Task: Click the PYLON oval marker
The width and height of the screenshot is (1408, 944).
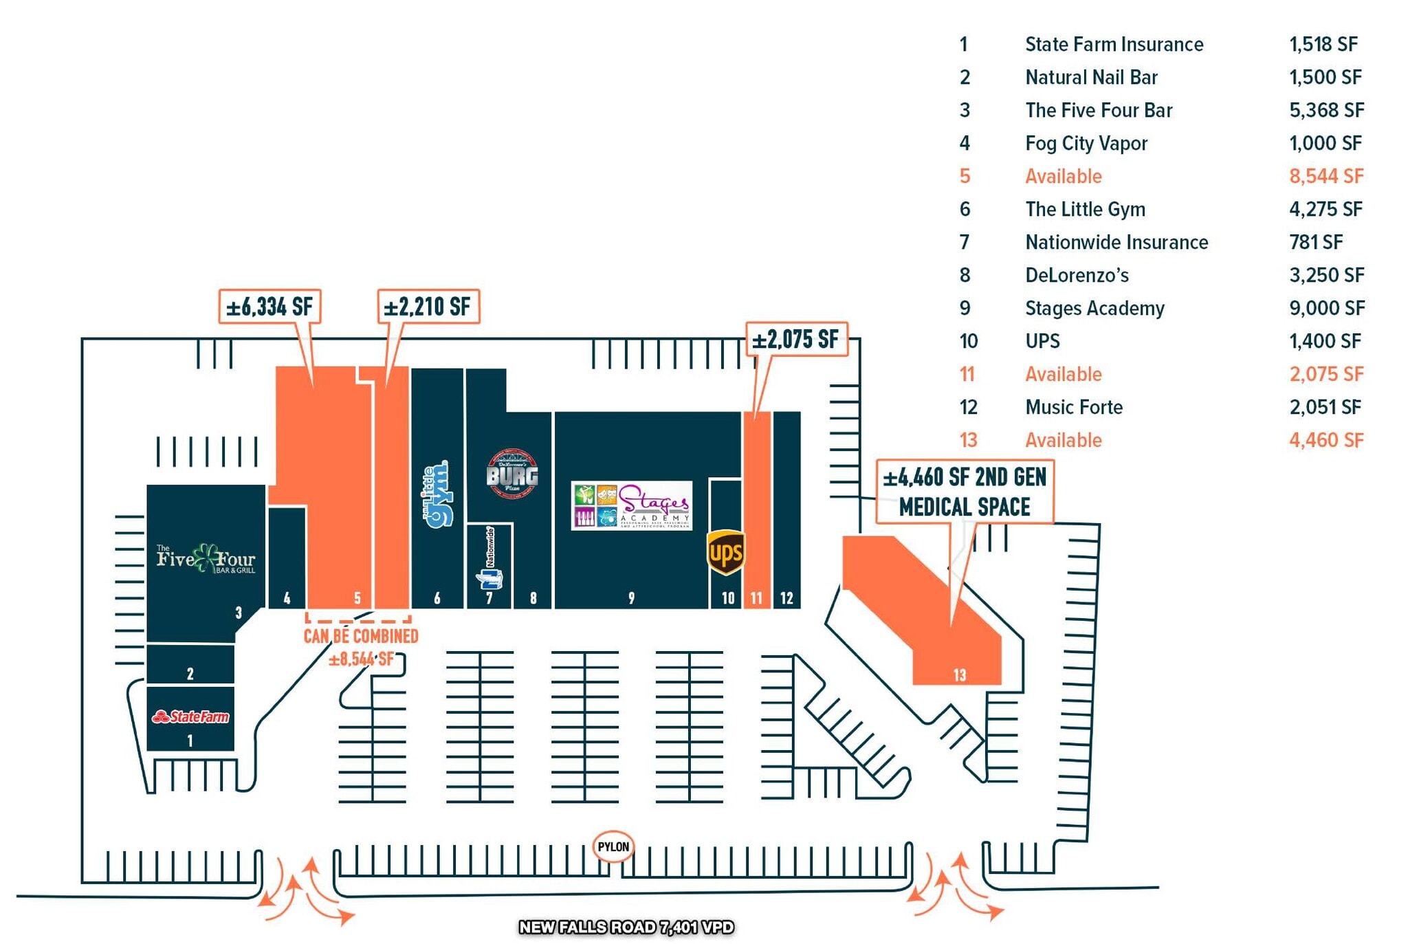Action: [x=613, y=846]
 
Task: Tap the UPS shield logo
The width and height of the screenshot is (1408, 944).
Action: [x=725, y=551]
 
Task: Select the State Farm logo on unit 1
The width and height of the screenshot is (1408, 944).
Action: [x=190, y=717]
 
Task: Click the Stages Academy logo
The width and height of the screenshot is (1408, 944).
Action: [x=631, y=505]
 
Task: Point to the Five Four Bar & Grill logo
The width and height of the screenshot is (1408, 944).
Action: [x=206, y=559]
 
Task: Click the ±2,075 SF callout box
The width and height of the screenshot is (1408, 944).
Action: [x=796, y=340]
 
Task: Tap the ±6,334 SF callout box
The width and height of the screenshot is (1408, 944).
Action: [x=269, y=307]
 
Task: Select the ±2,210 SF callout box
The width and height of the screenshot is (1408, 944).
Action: [x=428, y=307]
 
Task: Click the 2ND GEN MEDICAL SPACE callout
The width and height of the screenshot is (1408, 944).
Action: [x=964, y=492]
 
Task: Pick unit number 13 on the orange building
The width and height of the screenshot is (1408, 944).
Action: [x=959, y=675]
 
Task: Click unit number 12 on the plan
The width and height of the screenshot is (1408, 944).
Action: [x=786, y=598]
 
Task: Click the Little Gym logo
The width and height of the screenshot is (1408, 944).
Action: [x=437, y=494]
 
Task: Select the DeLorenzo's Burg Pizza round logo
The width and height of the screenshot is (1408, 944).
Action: [x=511, y=474]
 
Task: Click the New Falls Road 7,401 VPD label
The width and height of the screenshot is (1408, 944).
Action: [x=626, y=927]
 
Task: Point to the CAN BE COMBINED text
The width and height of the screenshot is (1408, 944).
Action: [x=361, y=636]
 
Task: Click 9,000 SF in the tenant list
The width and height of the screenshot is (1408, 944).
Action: [x=1326, y=308]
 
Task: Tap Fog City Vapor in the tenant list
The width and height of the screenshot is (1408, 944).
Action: [x=1086, y=143]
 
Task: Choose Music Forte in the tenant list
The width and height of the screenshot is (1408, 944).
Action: [x=1073, y=407]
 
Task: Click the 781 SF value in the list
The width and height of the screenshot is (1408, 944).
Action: [x=1315, y=242]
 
